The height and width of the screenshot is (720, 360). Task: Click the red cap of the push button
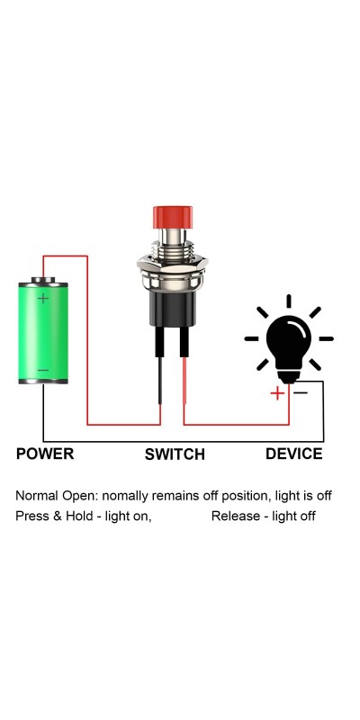[x=173, y=218]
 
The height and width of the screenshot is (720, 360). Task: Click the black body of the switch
[x=173, y=309]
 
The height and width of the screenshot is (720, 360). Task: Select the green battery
[x=43, y=330]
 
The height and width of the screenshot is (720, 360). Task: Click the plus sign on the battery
[x=43, y=299]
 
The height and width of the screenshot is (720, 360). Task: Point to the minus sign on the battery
[x=43, y=370]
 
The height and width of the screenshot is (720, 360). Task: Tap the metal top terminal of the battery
[x=43, y=280]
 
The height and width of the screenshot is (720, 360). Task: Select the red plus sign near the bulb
[x=277, y=393]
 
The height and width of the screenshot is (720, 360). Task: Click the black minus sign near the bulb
[x=301, y=392]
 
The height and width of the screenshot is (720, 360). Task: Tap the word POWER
[x=45, y=454]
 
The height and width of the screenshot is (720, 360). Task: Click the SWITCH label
[x=175, y=454]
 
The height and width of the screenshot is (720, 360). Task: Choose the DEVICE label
[x=294, y=454]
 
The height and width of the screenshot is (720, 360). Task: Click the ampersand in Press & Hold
[x=58, y=516]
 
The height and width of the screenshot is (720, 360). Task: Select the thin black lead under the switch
[x=160, y=381]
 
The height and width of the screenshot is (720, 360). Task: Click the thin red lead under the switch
[x=184, y=381]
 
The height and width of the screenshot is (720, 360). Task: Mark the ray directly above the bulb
[x=289, y=301]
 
